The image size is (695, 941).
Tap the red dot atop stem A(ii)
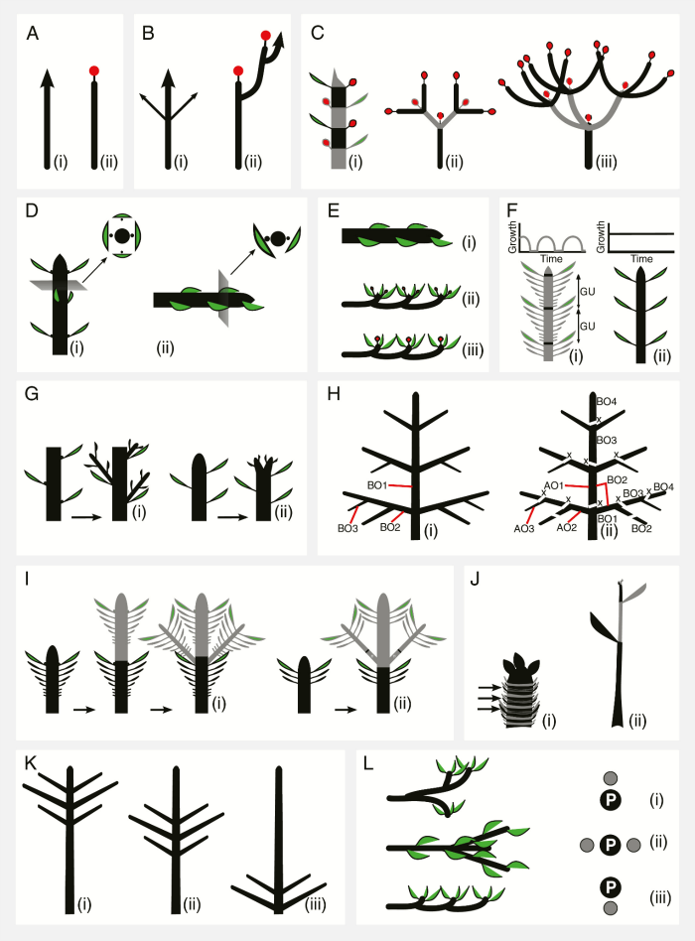[94, 71]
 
